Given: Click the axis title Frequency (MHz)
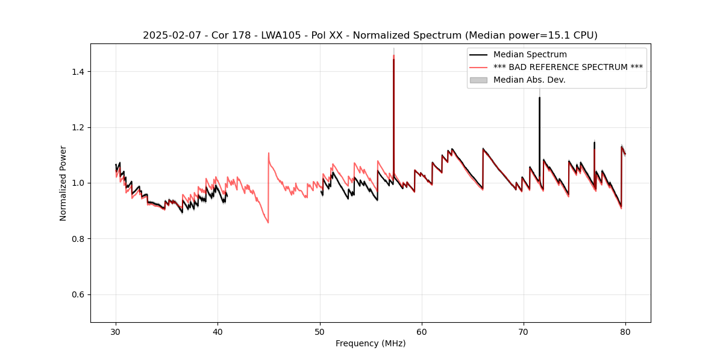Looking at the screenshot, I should [371, 343].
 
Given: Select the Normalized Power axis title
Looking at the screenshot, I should [63, 183].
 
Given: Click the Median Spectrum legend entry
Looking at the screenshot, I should [530, 54].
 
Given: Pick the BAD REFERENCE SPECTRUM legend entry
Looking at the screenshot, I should [568, 67].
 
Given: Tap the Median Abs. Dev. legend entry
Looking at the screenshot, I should [529, 80].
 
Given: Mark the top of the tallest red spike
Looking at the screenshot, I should [393, 56].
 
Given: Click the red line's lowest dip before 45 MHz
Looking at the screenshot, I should [268, 223].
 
